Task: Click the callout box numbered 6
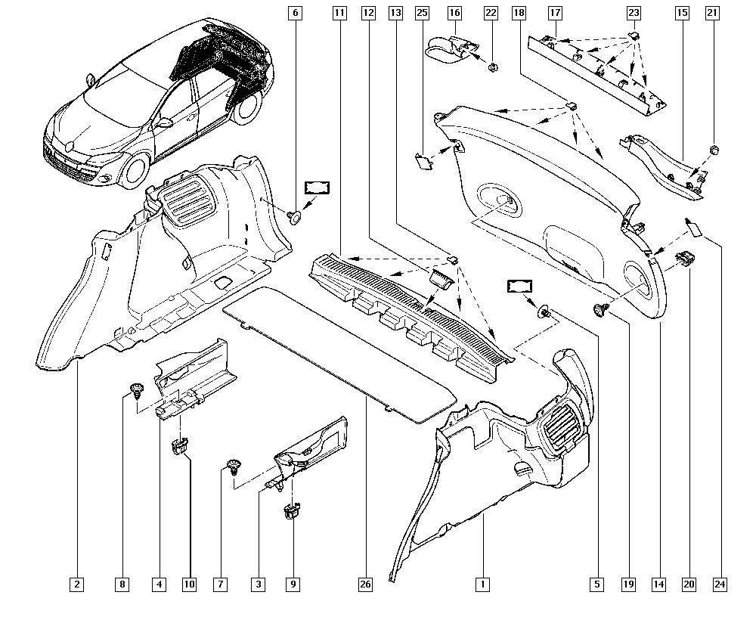pyautogui.click(x=295, y=13)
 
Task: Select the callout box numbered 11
pyautogui.click(x=339, y=13)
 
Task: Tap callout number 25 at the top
pyautogui.click(x=422, y=13)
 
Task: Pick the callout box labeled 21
pyautogui.click(x=712, y=13)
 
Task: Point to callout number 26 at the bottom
pyautogui.click(x=366, y=584)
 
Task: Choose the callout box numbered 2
pyautogui.click(x=77, y=584)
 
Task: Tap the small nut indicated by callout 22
pyautogui.click(x=491, y=67)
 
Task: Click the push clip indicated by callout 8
pyautogui.click(x=137, y=389)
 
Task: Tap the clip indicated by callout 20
pyautogui.click(x=685, y=259)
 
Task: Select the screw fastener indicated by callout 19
pyautogui.click(x=602, y=308)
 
